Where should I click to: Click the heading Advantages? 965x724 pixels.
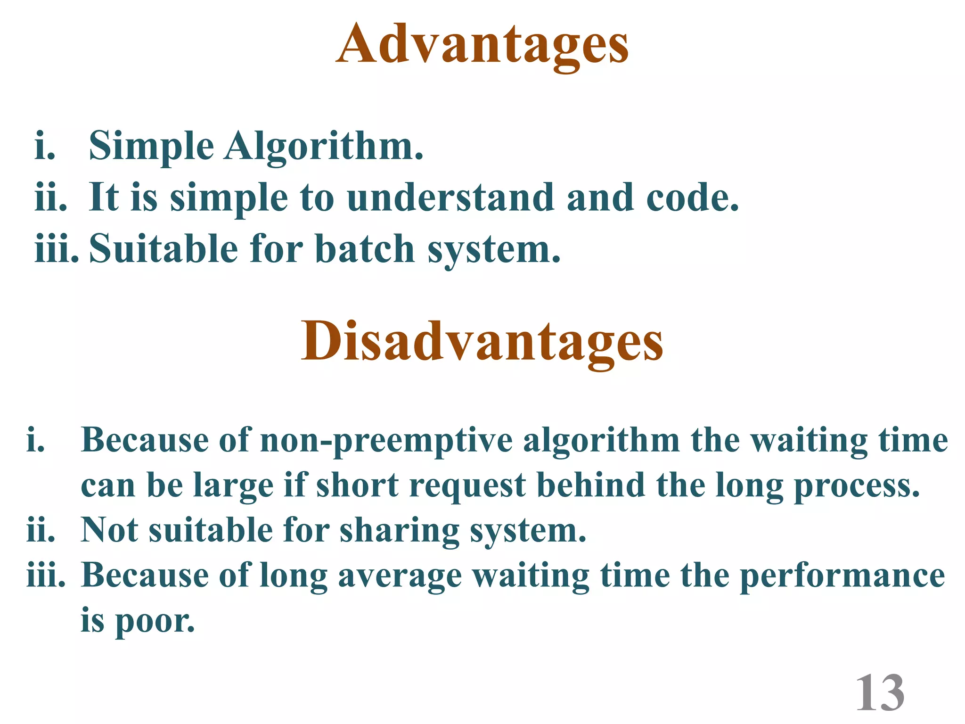click(x=482, y=45)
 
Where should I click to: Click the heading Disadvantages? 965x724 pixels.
click(x=482, y=341)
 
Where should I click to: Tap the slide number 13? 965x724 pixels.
click(x=880, y=693)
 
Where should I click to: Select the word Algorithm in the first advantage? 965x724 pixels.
click(x=324, y=146)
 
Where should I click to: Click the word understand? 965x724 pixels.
click(x=450, y=197)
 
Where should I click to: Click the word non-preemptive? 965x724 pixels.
click(x=386, y=441)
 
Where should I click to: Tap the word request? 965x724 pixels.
click(x=467, y=485)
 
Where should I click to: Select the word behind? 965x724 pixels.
click(x=591, y=485)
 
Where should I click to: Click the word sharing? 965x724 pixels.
click(x=400, y=531)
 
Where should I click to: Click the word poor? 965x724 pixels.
click(x=155, y=621)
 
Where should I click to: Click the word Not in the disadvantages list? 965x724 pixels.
click(x=109, y=531)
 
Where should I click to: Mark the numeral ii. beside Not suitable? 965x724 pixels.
click(x=41, y=531)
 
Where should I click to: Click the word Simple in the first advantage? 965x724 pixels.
click(x=151, y=146)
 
